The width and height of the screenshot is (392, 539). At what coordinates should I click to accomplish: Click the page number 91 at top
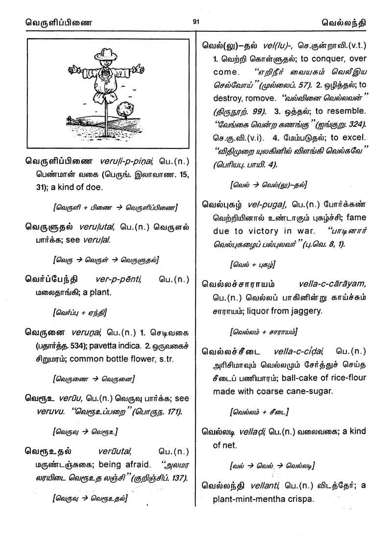[196, 22]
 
